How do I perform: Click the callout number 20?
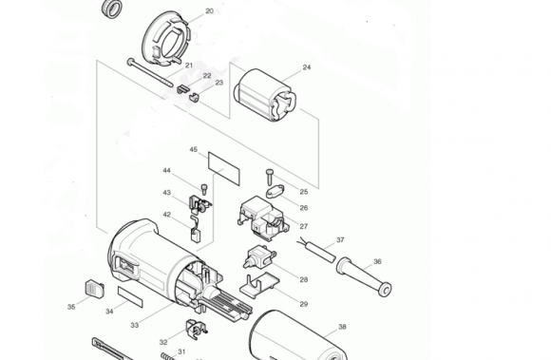[209, 11]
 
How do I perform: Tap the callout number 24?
[307, 67]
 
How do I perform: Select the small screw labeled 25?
[270, 178]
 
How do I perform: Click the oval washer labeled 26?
[275, 192]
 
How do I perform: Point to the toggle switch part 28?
[259, 256]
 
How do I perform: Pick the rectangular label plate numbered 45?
[224, 168]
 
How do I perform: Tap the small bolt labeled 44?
[204, 189]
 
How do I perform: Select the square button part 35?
[94, 289]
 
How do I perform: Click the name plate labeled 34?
[130, 296]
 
